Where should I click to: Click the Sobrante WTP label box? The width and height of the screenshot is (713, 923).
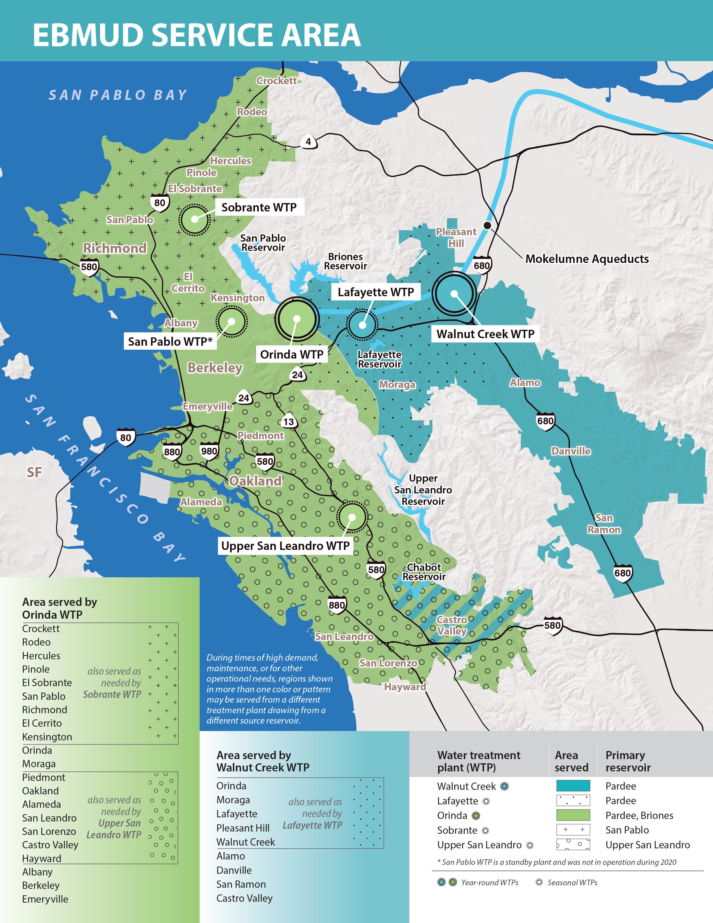coord(259,207)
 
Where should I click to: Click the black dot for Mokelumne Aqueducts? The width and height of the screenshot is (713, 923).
coord(487,225)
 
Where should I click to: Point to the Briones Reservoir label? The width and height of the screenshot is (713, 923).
coord(345,261)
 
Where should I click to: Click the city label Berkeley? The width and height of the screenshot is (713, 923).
coord(215,368)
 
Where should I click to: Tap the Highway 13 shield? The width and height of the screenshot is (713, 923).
coord(289,421)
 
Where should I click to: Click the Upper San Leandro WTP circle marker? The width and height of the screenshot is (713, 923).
coord(352,516)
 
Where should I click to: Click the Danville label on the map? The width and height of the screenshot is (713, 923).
coord(571,451)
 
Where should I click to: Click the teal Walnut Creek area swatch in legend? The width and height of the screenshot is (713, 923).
coord(573,786)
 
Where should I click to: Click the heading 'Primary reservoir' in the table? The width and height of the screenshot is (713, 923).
coord(628,761)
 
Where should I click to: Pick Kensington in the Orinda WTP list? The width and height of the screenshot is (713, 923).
coord(47,737)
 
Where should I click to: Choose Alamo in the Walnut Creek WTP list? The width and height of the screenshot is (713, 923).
coord(231,856)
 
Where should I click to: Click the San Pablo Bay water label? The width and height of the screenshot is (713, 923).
coord(118,95)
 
